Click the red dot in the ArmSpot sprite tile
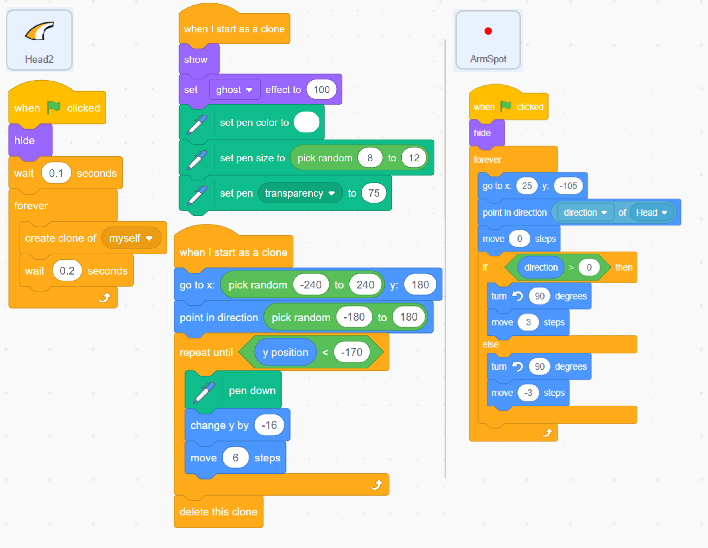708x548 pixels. click(488, 31)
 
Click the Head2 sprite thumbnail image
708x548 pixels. click(40, 31)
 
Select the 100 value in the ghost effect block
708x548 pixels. click(321, 90)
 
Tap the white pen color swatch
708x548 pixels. click(306, 122)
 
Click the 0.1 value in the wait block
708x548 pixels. click(56, 173)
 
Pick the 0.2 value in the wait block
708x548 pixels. click(67, 271)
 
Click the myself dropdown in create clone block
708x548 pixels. click(131, 238)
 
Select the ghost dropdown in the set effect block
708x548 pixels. click(234, 90)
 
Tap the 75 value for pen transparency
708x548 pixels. click(374, 193)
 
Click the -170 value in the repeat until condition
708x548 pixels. click(351, 352)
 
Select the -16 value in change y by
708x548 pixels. click(269, 425)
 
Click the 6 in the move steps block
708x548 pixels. click(235, 458)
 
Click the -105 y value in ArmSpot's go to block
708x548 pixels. click(568, 186)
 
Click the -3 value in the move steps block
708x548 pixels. click(528, 393)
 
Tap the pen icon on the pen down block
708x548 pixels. click(204, 391)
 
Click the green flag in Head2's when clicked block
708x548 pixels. click(54, 107)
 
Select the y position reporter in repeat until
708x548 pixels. click(285, 352)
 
